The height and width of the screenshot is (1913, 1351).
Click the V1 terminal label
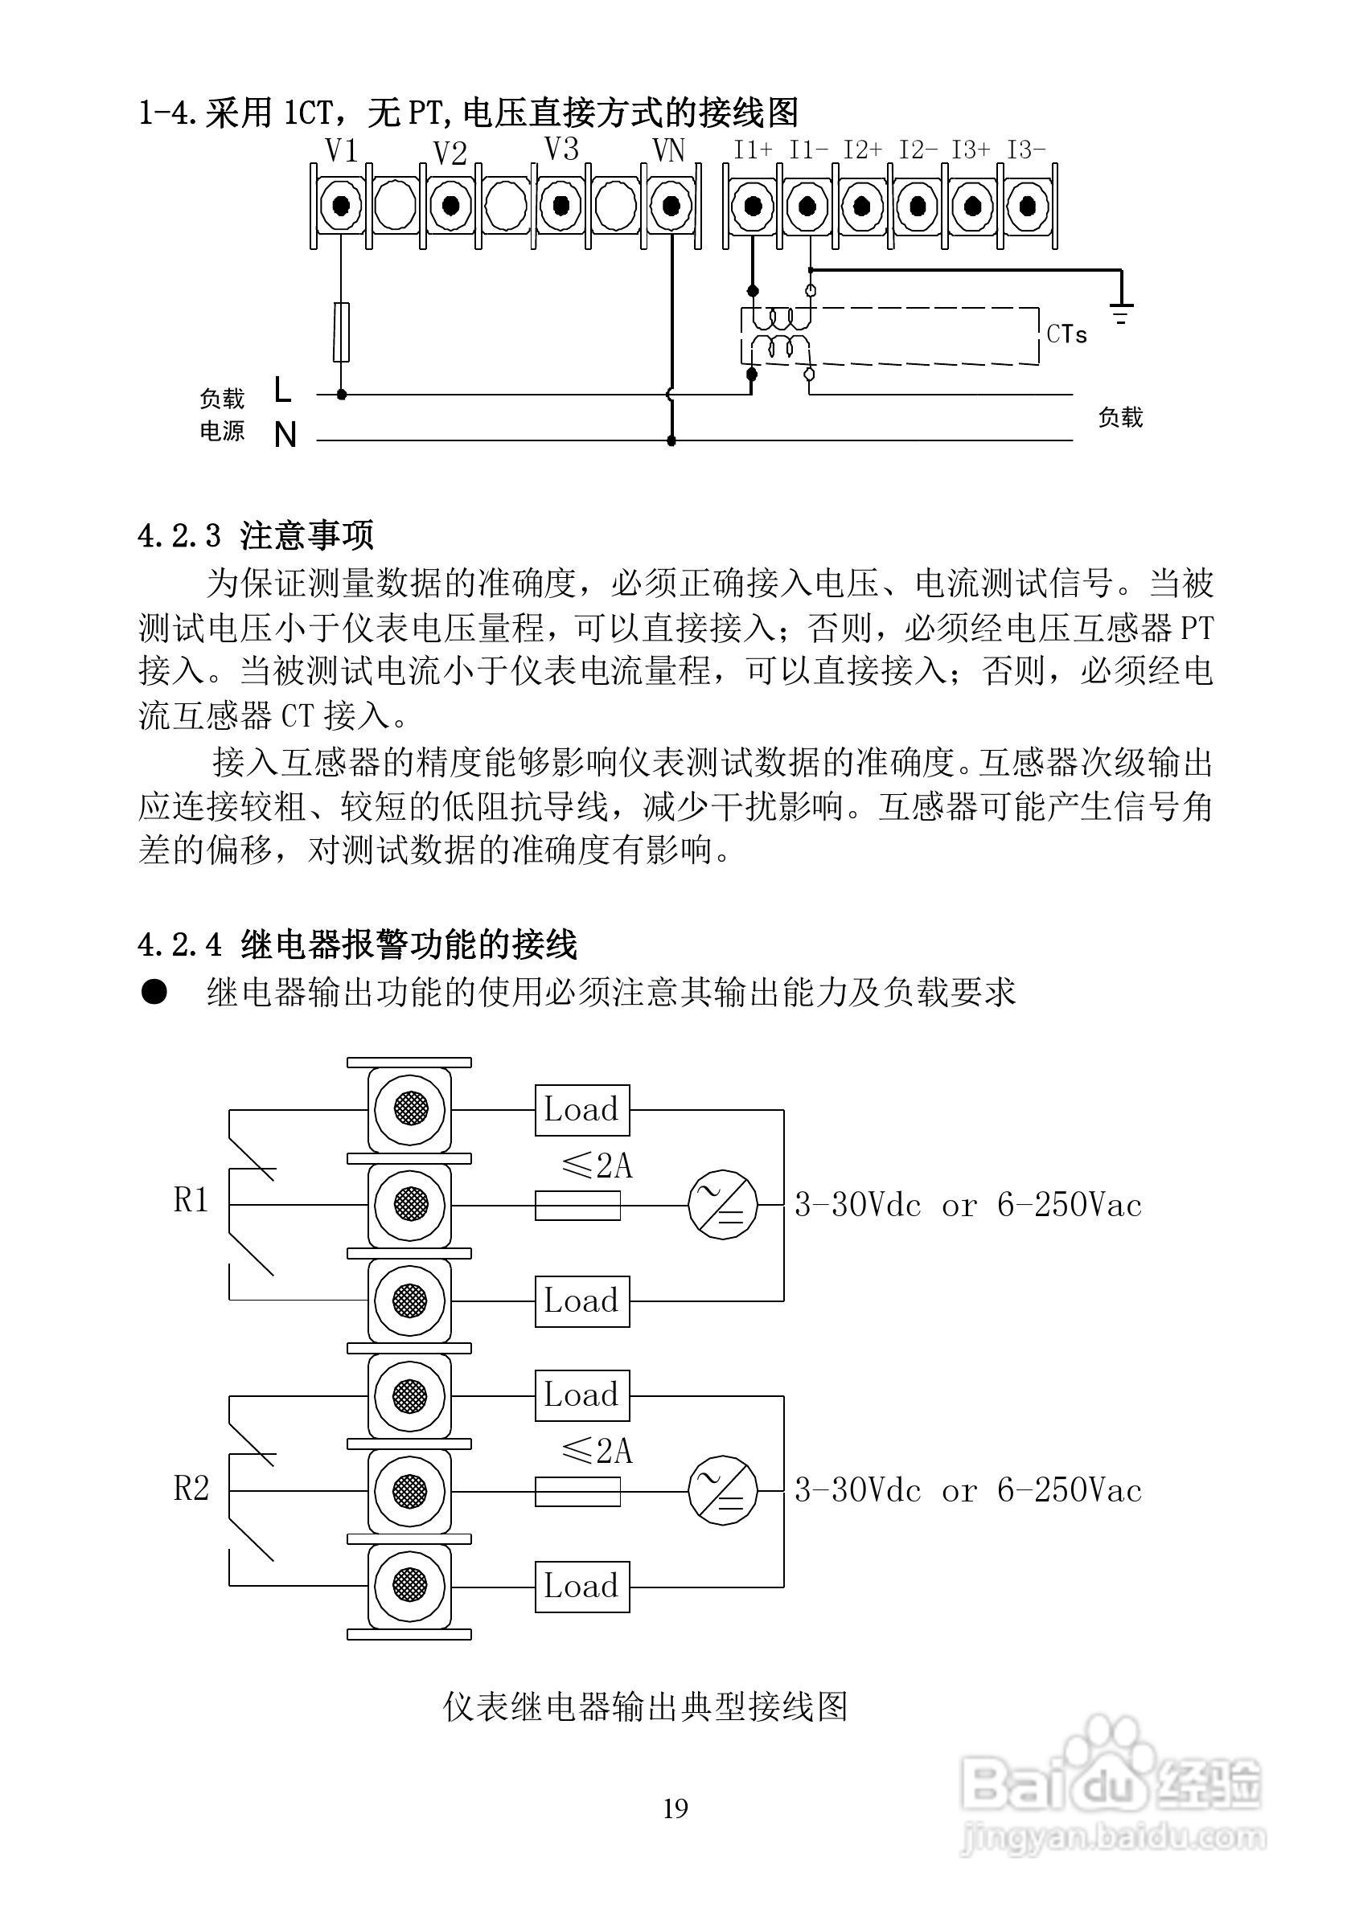coord(341,151)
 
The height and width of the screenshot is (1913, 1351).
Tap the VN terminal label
coord(667,151)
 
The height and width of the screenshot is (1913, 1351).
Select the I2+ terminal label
coord(863,150)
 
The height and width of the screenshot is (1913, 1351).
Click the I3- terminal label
coord(1026,150)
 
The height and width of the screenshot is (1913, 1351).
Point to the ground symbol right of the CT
coord(1122,313)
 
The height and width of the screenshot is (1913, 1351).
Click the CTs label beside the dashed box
coord(1067,334)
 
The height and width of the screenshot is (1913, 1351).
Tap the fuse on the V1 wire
coord(341,332)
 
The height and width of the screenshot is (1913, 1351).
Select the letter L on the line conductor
coord(283,390)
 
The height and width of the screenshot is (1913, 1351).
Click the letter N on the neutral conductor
coord(285,435)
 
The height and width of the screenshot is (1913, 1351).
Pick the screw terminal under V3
coord(560,205)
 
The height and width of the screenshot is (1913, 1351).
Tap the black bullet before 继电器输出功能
coord(155,992)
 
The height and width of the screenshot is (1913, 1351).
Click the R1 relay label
coord(191,1201)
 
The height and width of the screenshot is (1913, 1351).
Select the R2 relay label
coord(191,1487)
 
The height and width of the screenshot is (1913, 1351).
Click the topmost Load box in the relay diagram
coord(581,1110)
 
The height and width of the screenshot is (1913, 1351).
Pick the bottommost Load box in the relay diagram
coord(581,1586)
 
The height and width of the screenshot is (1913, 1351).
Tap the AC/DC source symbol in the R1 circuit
coord(723,1204)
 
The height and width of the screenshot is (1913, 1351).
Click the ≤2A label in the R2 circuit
coord(597,1452)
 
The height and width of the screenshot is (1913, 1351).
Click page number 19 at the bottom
coord(675,1808)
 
